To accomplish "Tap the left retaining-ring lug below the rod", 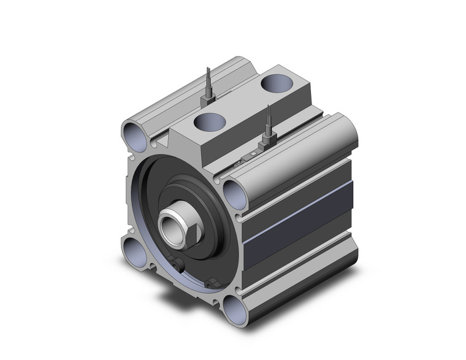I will [x=178, y=266].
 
